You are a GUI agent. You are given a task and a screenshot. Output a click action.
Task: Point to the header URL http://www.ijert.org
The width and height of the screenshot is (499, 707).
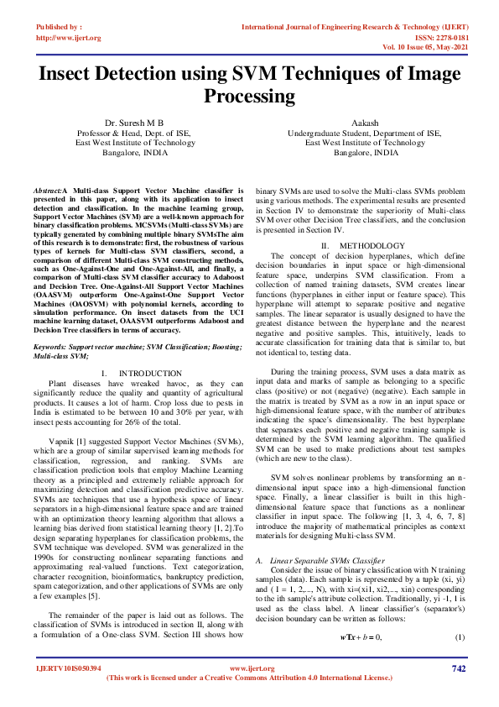point(69,38)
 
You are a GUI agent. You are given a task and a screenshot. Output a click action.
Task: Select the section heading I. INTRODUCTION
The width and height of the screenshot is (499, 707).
point(128,372)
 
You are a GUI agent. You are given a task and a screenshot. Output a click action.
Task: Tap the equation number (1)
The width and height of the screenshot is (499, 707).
point(459,615)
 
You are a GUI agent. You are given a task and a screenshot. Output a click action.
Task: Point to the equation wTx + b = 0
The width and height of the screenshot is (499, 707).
point(361,615)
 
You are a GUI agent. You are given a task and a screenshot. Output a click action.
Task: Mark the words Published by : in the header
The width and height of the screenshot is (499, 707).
point(60,28)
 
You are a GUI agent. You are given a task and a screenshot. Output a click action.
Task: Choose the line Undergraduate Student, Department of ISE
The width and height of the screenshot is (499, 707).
point(364,133)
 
